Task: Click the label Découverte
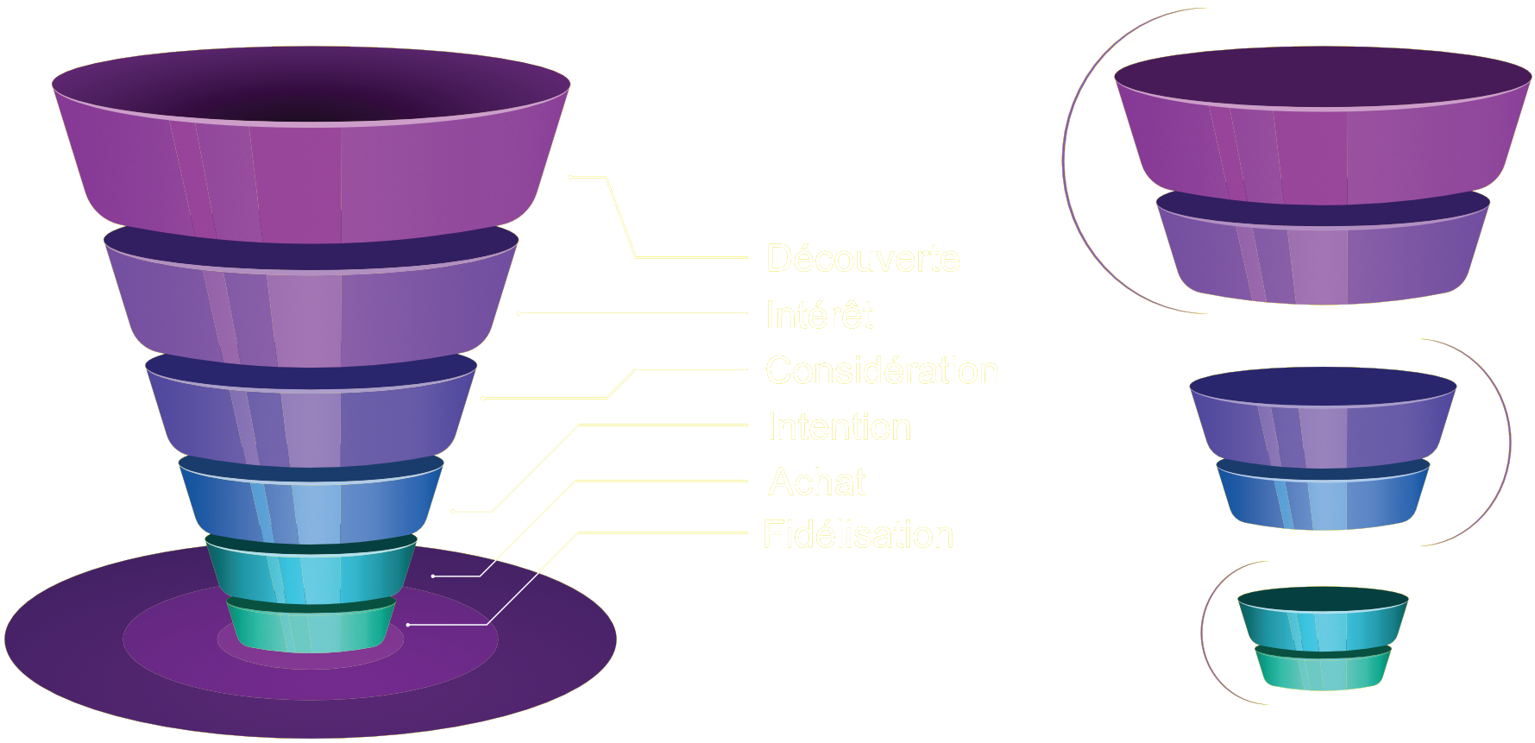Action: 862,258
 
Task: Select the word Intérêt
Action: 818,315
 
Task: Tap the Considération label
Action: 881,370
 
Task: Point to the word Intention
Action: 839,427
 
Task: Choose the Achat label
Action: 816,482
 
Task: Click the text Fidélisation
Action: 858,535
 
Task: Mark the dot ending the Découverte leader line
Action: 570,177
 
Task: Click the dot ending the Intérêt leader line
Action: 519,313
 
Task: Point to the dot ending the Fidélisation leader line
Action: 408,624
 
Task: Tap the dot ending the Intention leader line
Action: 452,512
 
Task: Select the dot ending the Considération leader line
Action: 483,398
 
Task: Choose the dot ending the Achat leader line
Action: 433,576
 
